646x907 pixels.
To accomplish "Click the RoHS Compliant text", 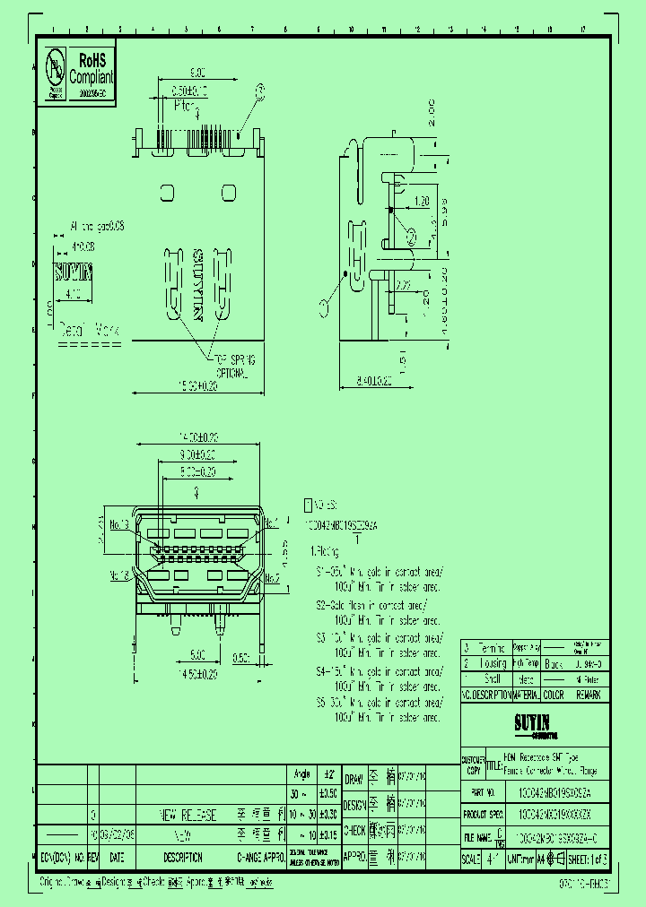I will tap(92, 69).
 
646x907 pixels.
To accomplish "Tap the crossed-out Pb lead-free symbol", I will tap(56, 70).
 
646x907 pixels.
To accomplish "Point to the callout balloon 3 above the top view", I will tap(261, 91).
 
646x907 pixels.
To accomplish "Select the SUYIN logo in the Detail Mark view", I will tap(74, 272).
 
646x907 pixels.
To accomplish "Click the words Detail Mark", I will tap(89, 330).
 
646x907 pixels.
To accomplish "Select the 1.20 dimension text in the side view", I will tap(422, 201).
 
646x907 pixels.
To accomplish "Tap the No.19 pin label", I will tap(120, 525).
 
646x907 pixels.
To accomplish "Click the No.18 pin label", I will tap(120, 575).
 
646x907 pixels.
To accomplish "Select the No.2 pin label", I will tap(271, 579).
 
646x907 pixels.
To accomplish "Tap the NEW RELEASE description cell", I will tap(188, 815).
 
